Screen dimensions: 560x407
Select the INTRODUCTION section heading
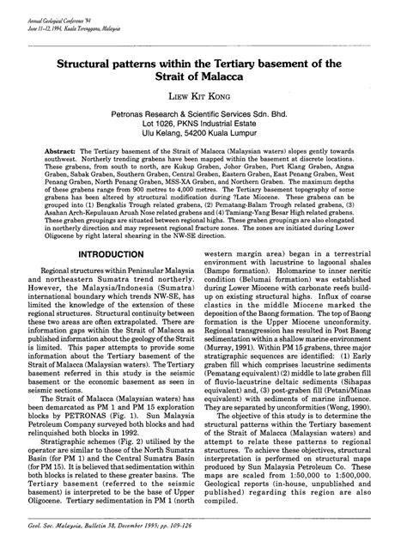pos(111,256)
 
